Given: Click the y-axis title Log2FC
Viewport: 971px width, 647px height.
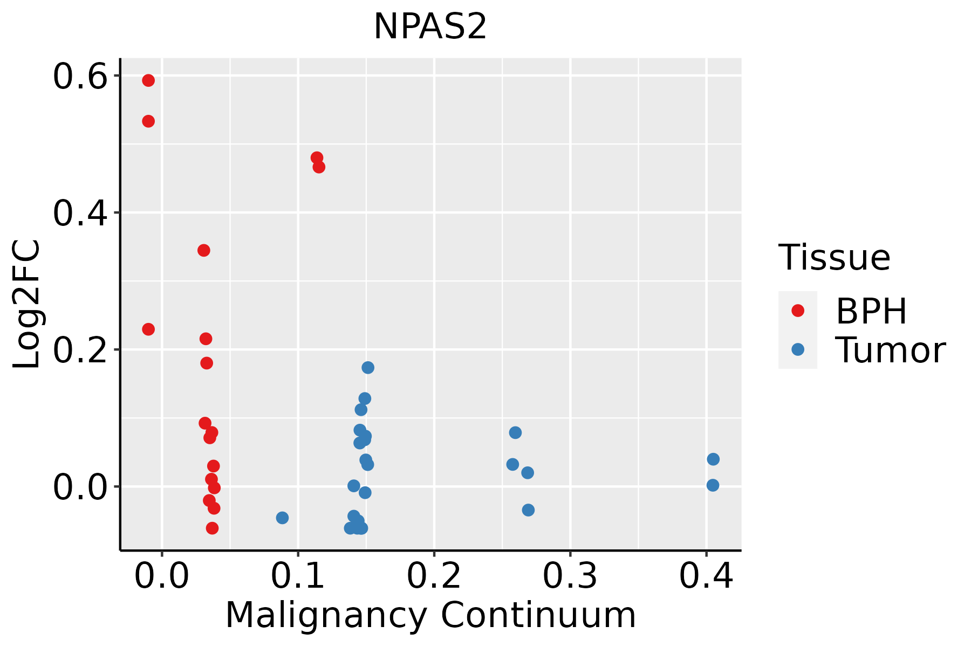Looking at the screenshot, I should (27, 304).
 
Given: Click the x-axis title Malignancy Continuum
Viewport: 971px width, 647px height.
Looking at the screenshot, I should (430, 615).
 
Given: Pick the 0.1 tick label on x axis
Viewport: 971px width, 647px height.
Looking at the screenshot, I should (298, 576).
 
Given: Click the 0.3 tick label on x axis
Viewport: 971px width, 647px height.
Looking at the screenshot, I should (570, 576).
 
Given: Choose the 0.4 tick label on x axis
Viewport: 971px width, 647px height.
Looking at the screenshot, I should (706, 576).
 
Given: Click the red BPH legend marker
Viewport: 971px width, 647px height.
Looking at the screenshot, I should (797, 311).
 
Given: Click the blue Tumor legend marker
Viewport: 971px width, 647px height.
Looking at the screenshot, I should (797, 349).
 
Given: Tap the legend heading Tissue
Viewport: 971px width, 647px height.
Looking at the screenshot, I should (834, 258).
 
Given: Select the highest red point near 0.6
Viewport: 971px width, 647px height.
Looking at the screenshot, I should (148, 80).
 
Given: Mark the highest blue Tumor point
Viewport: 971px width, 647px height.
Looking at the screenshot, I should (368, 368).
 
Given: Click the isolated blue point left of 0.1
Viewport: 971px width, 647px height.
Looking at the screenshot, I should (282, 518).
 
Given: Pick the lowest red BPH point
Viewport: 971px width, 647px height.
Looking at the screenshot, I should (212, 528).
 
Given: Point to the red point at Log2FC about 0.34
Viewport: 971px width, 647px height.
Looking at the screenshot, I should (203, 250).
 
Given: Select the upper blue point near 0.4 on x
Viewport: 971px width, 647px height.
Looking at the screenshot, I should (713, 459).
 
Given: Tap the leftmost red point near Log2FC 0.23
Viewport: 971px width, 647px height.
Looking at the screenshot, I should (148, 329).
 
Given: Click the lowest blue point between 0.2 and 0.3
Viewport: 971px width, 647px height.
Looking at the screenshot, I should (528, 510).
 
